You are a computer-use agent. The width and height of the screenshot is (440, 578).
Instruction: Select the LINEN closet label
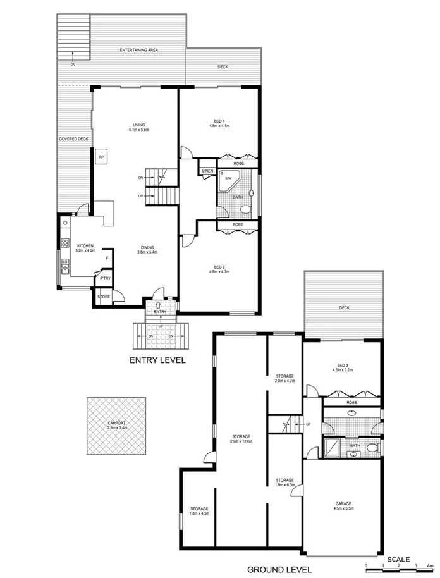click(207, 171)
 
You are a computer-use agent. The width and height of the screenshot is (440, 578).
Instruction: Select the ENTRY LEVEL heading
click(157, 360)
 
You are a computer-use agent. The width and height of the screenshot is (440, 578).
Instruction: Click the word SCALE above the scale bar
click(399, 559)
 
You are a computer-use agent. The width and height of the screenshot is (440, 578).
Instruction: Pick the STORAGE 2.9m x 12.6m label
click(241, 438)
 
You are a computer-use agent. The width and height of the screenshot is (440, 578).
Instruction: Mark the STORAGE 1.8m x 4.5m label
click(199, 511)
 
